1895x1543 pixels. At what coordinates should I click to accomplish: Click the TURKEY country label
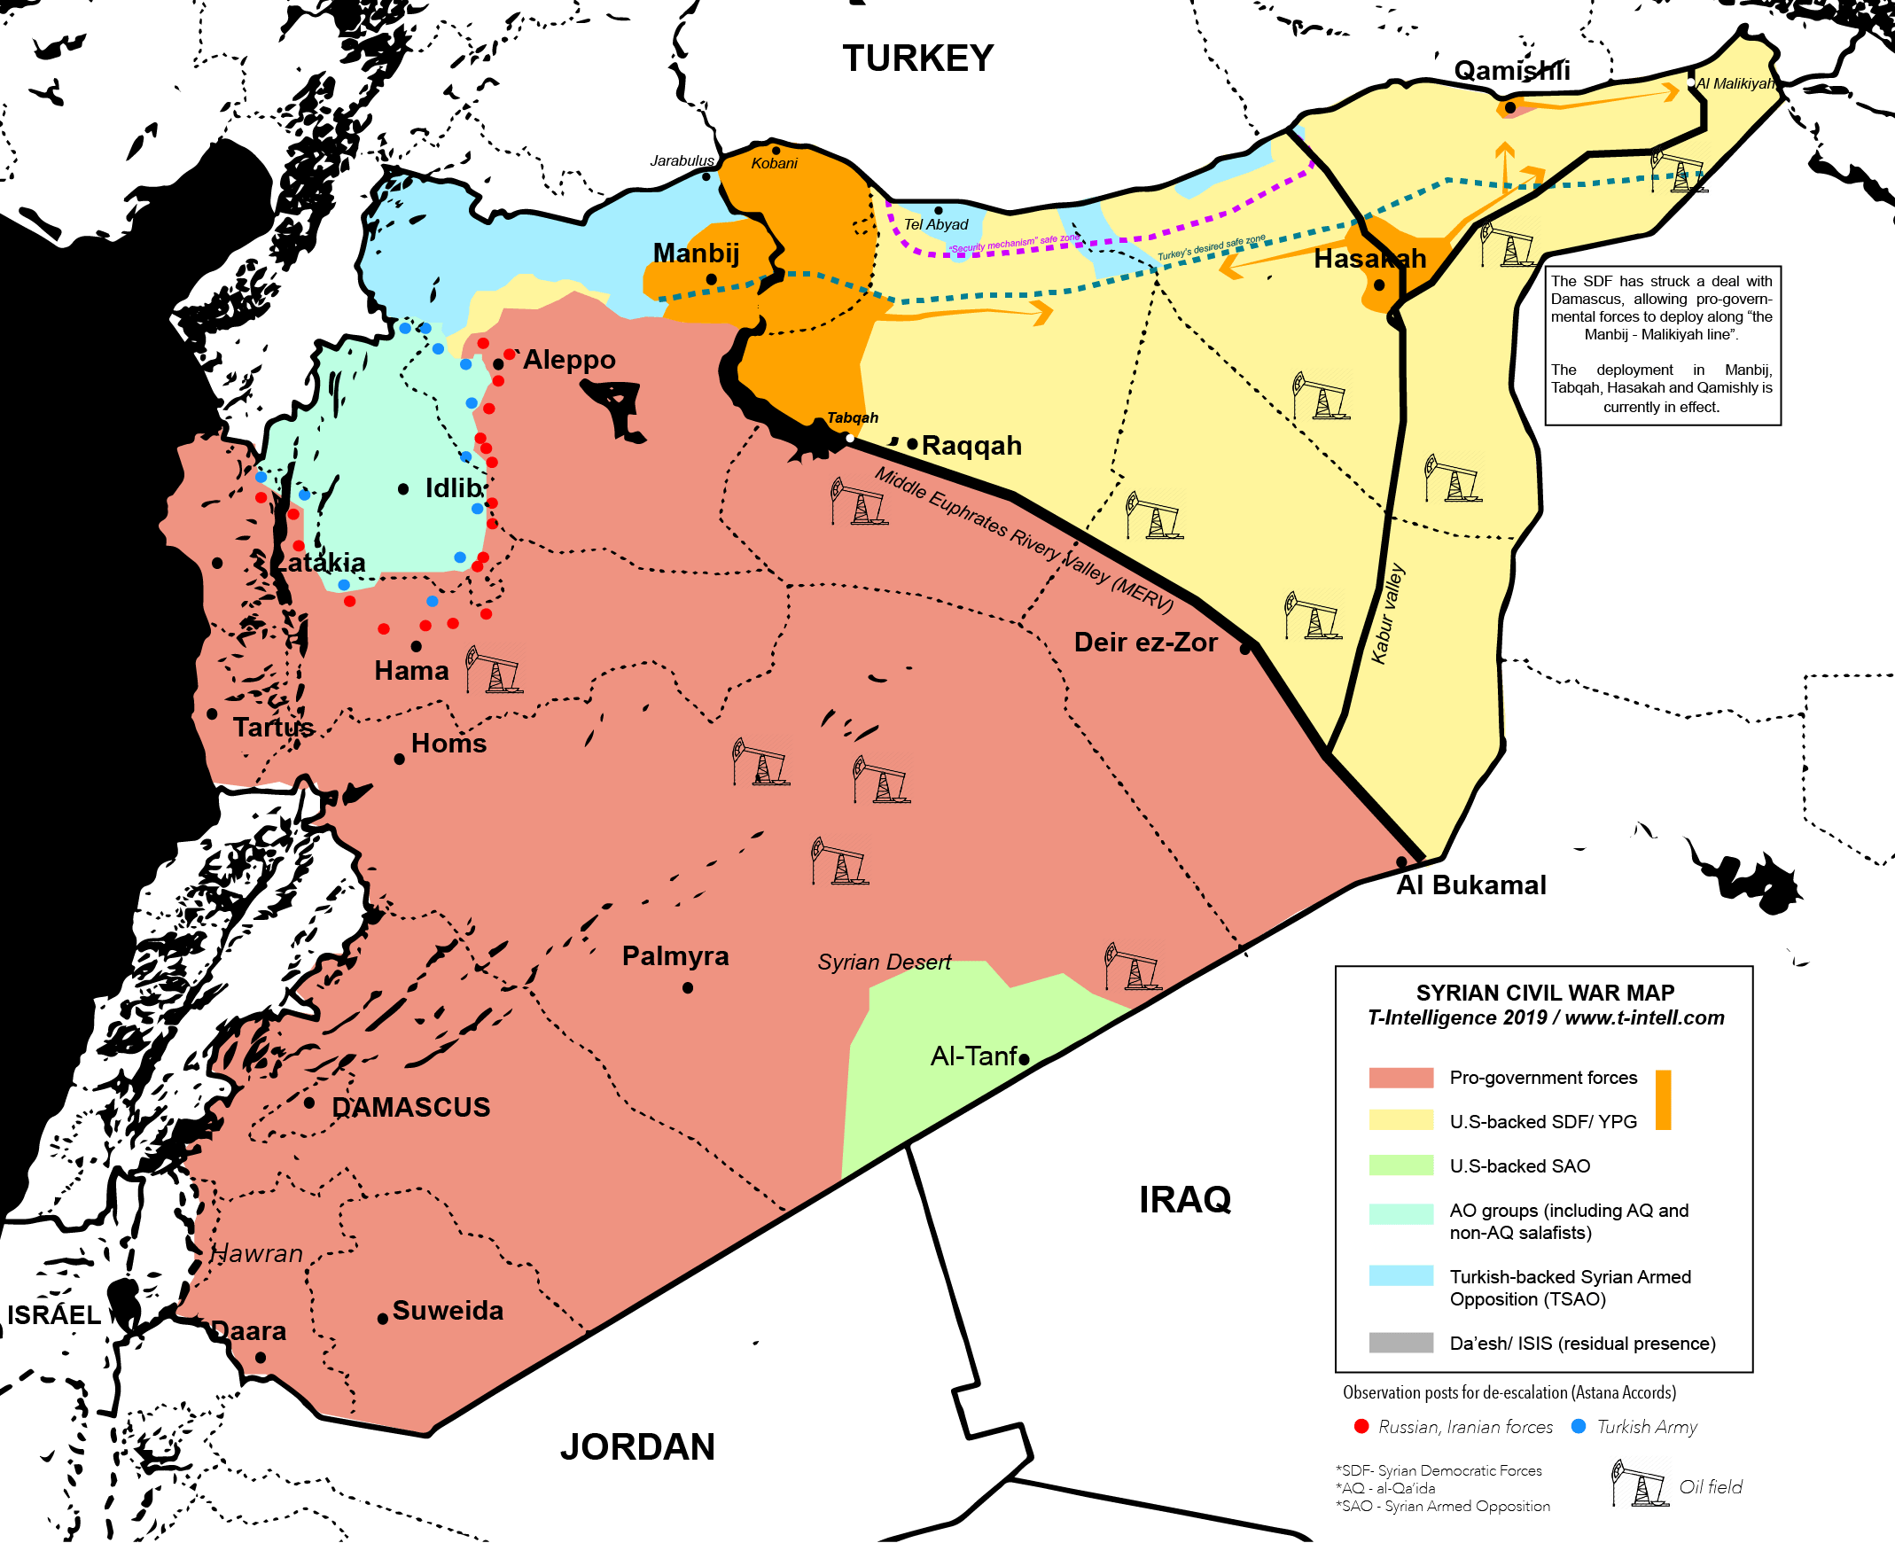click(x=917, y=58)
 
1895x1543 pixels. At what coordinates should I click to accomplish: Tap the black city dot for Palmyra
click(x=688, y=987)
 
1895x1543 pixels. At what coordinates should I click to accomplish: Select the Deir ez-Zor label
click(x=1145, y=642)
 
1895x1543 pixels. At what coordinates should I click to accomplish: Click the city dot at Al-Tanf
click(x=1024, y=1058)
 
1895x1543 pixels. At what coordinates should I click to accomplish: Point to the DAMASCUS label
click(x=410, y=1107)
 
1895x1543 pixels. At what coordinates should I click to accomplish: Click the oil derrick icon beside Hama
click(x=494, y=669)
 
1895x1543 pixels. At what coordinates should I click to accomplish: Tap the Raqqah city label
click(x=971, y=445)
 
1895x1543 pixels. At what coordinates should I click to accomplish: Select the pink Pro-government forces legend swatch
click(x=1400, y=1077)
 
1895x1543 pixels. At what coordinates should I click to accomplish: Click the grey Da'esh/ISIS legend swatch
click(x=1400, y=1342)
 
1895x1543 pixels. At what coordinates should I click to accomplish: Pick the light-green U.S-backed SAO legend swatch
click(x=1400, y=1165)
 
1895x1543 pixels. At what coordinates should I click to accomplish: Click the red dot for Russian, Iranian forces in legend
click(x=1361, y=1427)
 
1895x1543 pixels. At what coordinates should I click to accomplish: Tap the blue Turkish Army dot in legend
click(x=1579, y=1427)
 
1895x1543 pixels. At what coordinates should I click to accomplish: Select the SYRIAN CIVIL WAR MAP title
click(x=1545, y=993)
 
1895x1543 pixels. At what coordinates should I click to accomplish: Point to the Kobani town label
click(x=774, y=164)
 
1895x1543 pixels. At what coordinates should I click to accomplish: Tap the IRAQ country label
click(x=1184, y=1200)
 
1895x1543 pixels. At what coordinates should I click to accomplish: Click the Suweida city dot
click(x=383, y=1319)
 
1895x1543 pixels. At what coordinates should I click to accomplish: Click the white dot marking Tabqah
click(x=850, y=438)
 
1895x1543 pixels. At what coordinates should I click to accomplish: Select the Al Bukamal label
click(x=1471, y=885)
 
